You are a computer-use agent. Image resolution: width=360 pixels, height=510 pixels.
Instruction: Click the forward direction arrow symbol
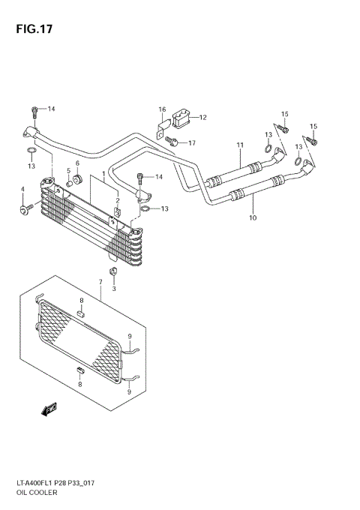click(51, 409)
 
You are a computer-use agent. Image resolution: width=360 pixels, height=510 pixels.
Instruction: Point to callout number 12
click(202, 117)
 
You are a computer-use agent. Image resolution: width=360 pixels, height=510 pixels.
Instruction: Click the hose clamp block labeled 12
click(182, 117)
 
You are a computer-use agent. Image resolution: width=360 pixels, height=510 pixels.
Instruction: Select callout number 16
click(161, 110)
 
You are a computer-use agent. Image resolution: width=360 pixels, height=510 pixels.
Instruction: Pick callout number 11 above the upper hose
click(241, 144)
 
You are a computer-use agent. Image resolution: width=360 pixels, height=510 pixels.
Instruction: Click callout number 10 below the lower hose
click(253, 218)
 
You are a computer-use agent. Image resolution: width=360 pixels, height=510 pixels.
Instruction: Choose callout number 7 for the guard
click(100, 282)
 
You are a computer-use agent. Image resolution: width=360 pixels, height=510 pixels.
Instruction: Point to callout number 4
click(22, 188)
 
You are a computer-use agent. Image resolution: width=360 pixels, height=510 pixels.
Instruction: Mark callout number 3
click(114, 288)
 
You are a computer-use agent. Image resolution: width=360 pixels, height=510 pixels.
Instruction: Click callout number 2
click(118, 201)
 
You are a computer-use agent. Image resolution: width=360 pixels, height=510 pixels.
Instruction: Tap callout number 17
click(192, 142)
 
